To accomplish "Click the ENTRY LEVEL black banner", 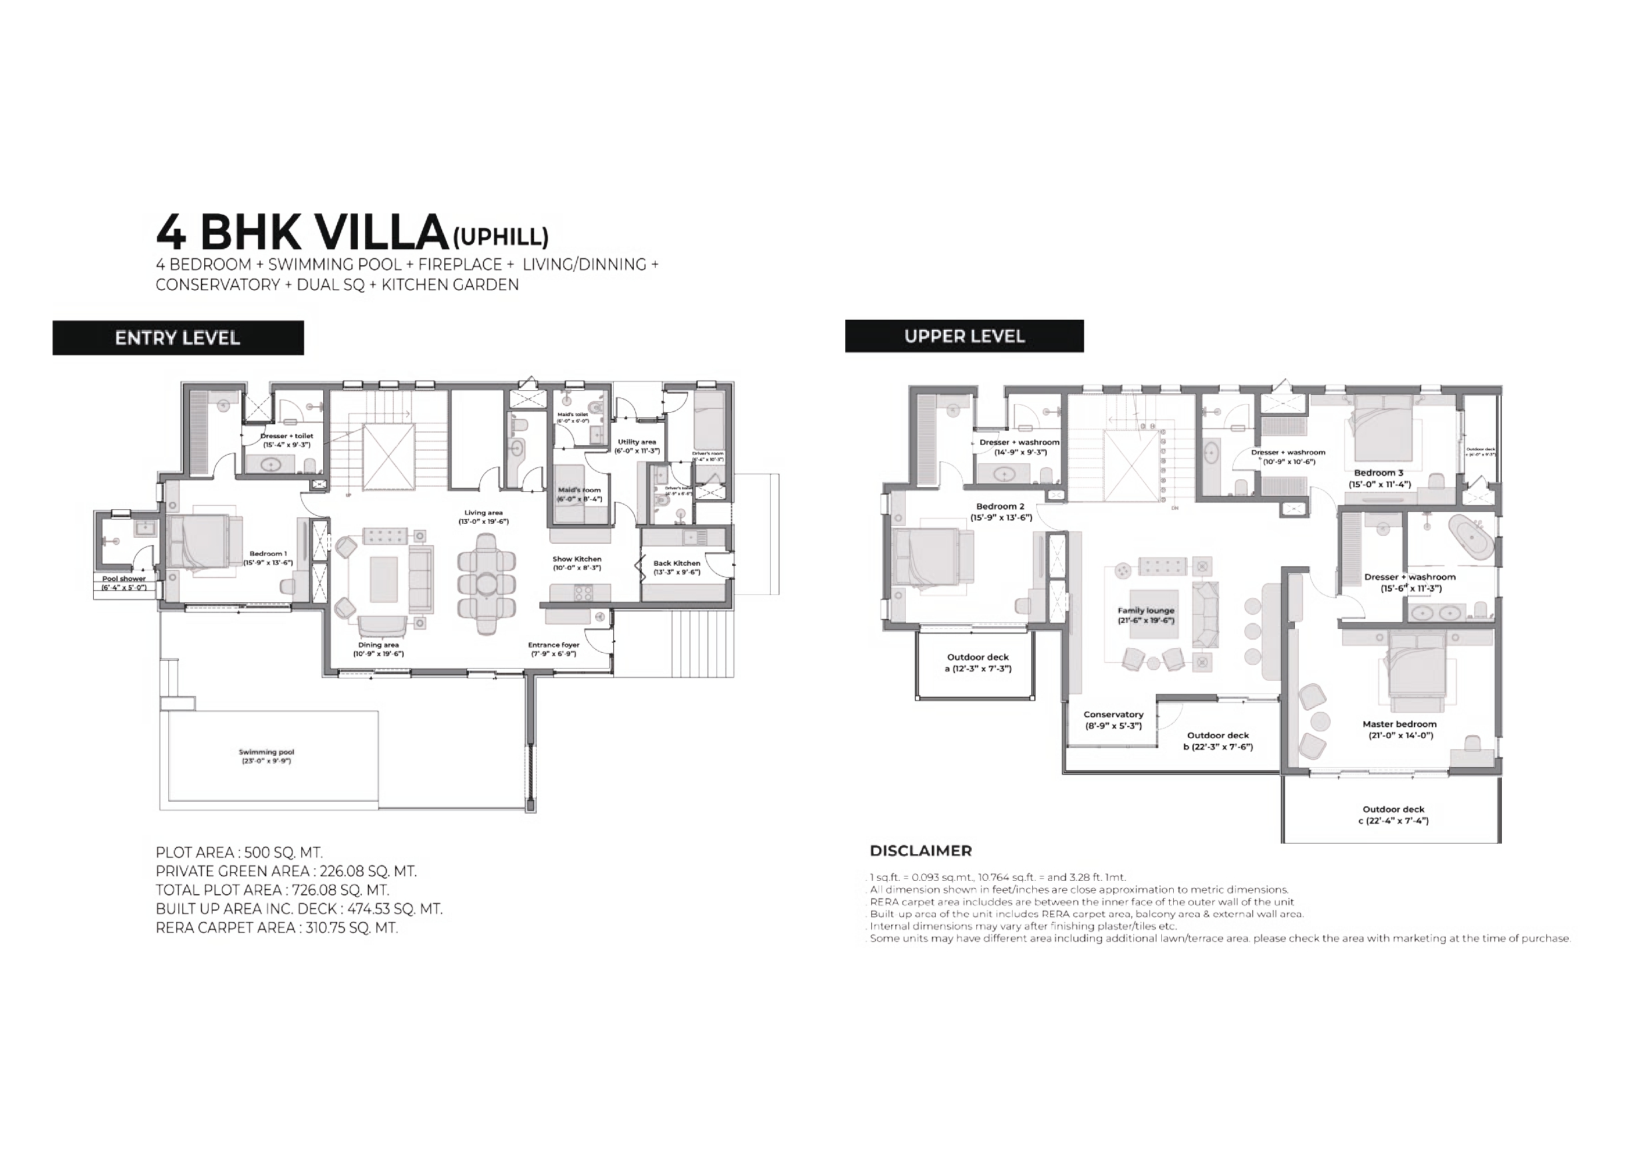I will pyautogui.click(x=178, y=338).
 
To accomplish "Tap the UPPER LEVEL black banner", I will pyautogui.click(x=964, y=336).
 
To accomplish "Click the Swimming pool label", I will pyautogui.click(x=267, y=756).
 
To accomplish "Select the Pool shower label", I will pyautogui.click(x=124, y=582).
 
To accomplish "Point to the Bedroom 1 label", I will pyautogui.click(x=268, y=558).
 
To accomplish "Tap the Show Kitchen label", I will pyautogui.click(x=577, y=563).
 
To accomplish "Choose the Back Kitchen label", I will pyautogui.click(x=676, y=568).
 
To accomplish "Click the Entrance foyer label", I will pyautogui.click(x=553, y=649).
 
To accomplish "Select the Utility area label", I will pyautogui.click(x=636, y=446).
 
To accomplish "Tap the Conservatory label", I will pyautogui.click(x=1113, y=720).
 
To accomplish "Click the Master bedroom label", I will pyautogui.click(x=1399, y=729).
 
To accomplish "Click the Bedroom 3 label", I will pyautogui.click(x=1379, y=478).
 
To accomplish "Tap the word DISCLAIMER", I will pyautogui.click(x=920, y=851).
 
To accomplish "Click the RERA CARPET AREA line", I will pyautogui.click(x=277, y=927).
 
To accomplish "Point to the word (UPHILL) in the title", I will pyautogui.click(x=501, y=237).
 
